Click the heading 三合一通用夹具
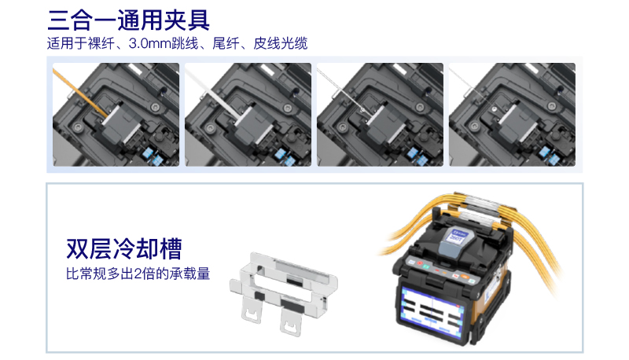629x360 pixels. (x=128, y=20)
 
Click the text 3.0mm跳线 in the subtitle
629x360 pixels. (x=164, y=43)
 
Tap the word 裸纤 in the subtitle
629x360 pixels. (x=101, y=43)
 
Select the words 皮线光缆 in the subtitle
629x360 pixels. (x=281, y=43)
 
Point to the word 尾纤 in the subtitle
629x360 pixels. (x=226, y=43)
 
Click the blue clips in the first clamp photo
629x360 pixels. (x=152, y=156)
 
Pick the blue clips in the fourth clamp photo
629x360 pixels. (x=548, y=156)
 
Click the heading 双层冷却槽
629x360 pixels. (x=124, y=248)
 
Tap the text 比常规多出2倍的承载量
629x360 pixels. (x=138, y=274)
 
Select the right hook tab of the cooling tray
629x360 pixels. (x=290, y=322)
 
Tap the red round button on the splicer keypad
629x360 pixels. (x=420, y=263)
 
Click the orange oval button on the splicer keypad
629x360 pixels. (x=465, y=276)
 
